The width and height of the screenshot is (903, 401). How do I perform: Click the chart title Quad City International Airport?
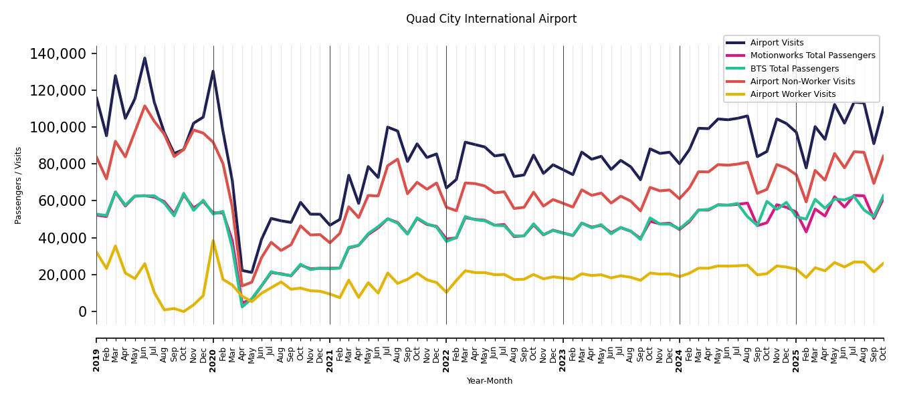pyautogui.click(x=491, y=19)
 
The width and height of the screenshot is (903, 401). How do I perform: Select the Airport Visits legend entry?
pyautogui.click(x=777, y=43)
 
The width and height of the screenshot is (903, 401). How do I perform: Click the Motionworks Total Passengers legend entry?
pyautogui.click(x=813, y=55)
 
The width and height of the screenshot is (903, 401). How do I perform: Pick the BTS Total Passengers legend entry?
pyautogui.click(x=794, y=69)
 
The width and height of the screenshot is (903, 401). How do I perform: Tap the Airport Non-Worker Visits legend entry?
pyautogui.click(x=802, y=82)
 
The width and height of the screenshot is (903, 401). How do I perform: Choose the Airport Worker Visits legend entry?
pyautogui.click(x=793, y=94)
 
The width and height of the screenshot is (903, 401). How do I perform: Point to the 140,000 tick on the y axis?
pyautogui.click(x=58, y=54)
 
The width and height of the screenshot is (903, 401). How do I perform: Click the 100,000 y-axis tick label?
pyautogui.click(x=58, y=128)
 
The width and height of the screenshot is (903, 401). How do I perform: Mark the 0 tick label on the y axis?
pyautogui.click(x=83, y=312)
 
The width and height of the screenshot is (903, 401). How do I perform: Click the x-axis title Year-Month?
pyautogui.click(x=490, y=381)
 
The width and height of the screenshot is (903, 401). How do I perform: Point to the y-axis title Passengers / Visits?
pyautogui.click(x=19, y=185)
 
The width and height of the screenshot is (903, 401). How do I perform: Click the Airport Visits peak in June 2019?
pyautogui.click(x=144, y=58)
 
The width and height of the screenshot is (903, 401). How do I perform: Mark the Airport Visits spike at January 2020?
pyautogui.click(x=213, y=72)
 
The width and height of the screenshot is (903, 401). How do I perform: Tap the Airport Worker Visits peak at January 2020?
pyautogui.click(x=213, y=241)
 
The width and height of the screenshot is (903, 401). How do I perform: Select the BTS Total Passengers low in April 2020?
pyautogui.click(x=242, y=307)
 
